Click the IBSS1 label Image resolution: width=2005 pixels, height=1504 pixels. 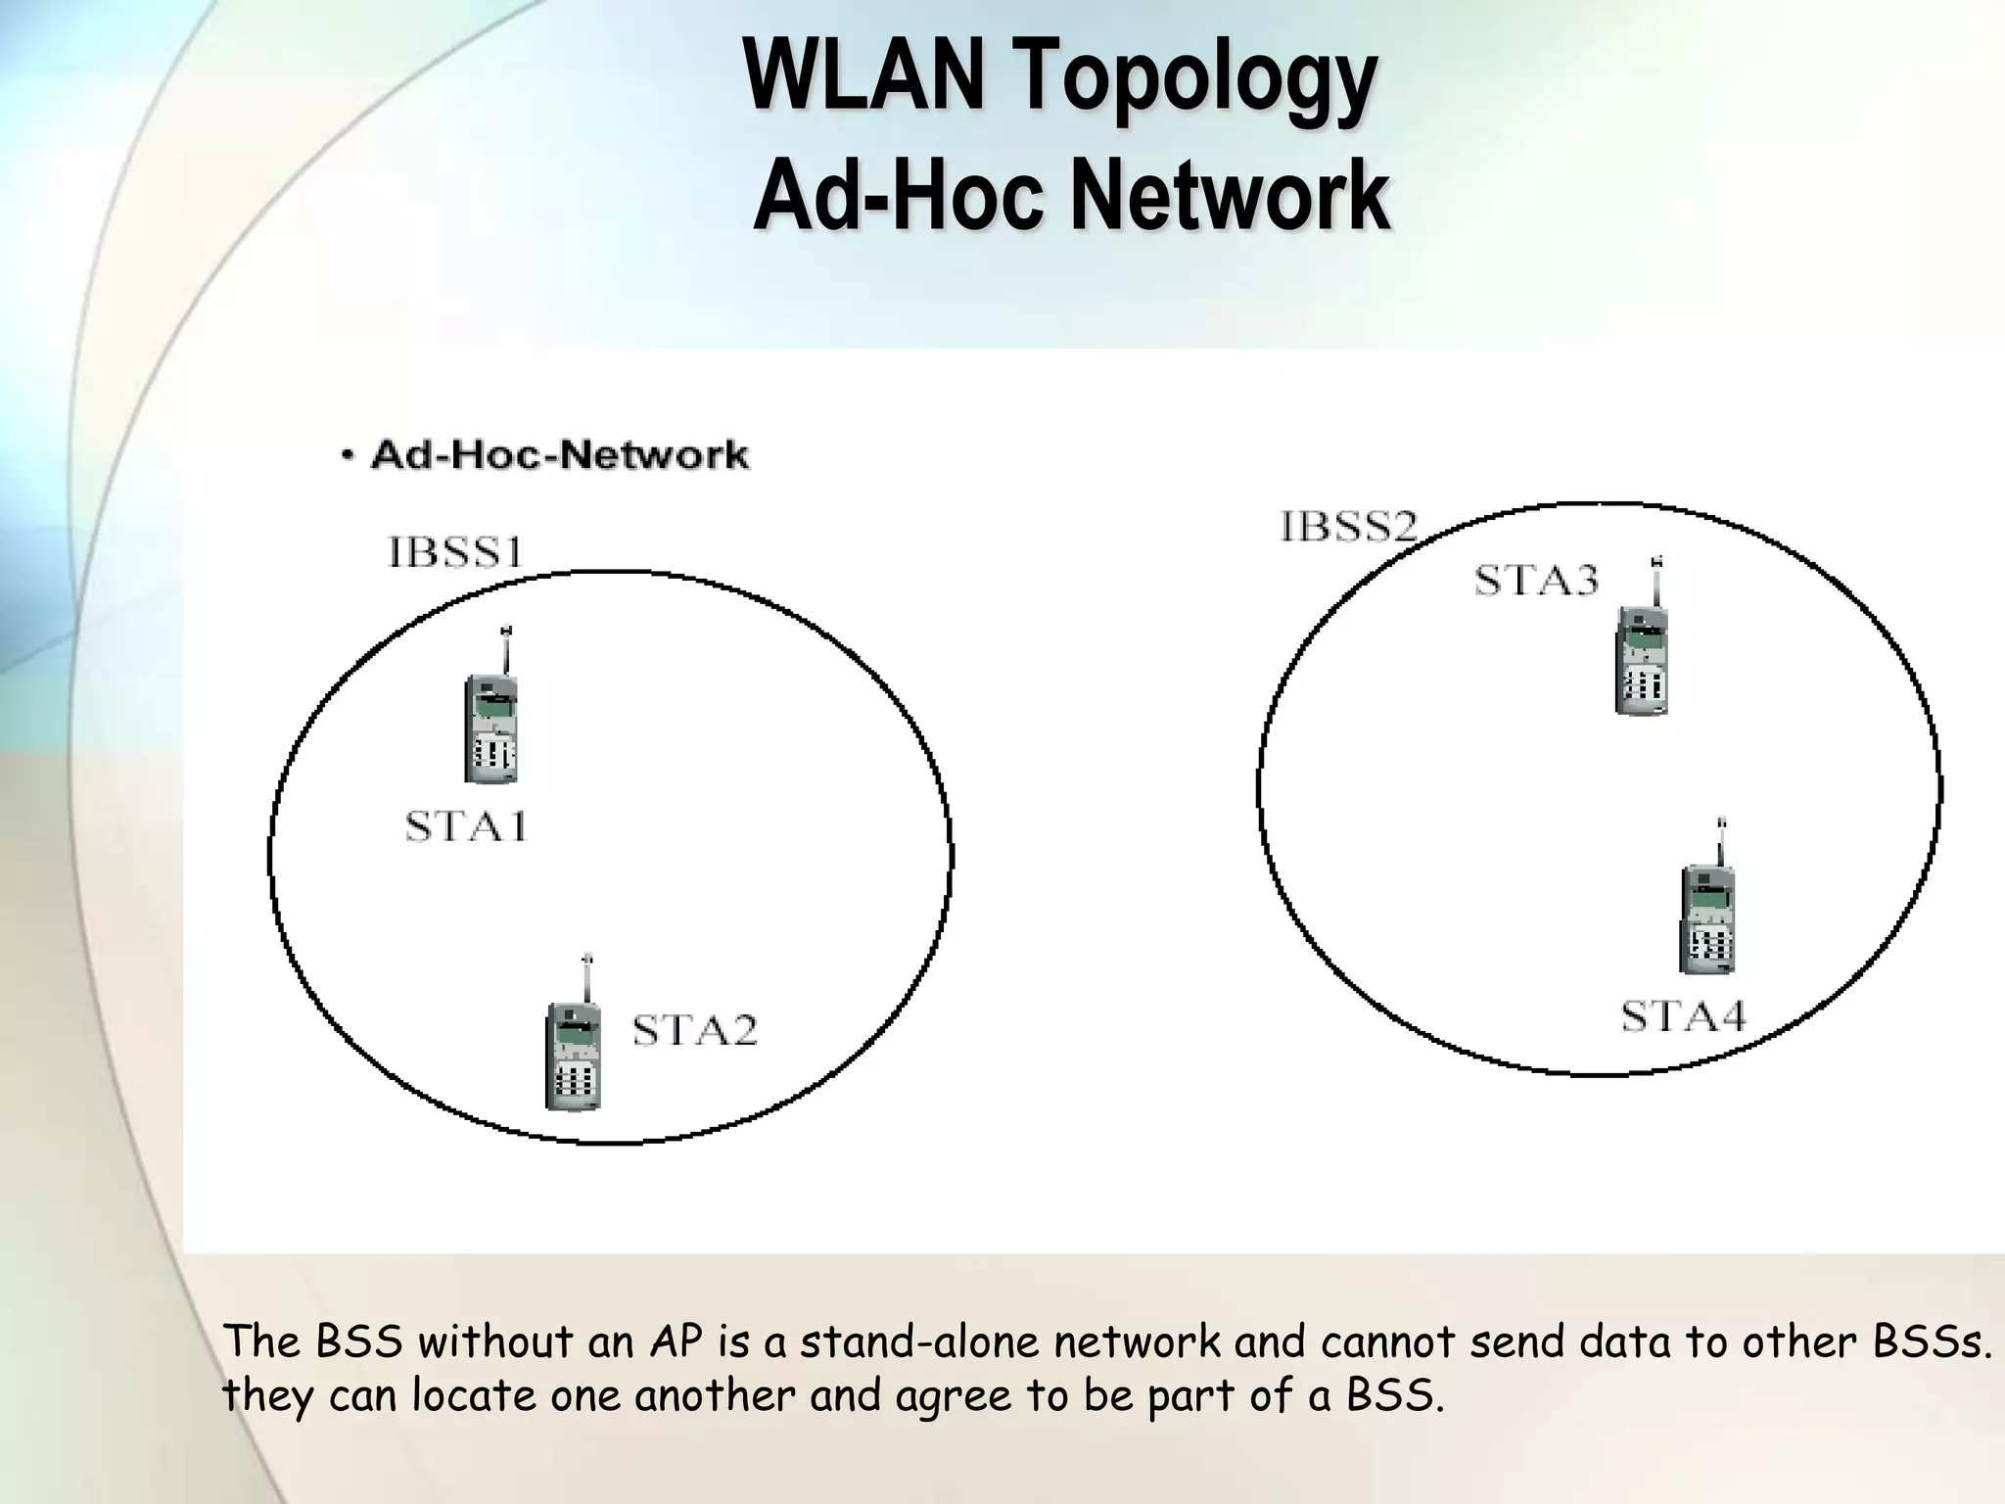456,552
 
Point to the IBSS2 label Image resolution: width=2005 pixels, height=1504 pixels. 1349,527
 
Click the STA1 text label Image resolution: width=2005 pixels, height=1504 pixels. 467,827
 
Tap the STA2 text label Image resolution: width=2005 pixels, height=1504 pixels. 695,1030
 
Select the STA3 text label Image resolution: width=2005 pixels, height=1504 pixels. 1536,581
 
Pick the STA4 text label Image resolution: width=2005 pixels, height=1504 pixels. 1683,1016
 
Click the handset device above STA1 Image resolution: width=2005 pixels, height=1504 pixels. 491,725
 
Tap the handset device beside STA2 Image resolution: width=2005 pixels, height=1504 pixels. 574,1053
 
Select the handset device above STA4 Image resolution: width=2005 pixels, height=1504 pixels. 1707,916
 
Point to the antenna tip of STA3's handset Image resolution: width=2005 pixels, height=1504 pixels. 1656,562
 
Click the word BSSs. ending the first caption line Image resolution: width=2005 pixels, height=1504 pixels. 1933,1341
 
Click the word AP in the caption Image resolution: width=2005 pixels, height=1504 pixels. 676,1341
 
